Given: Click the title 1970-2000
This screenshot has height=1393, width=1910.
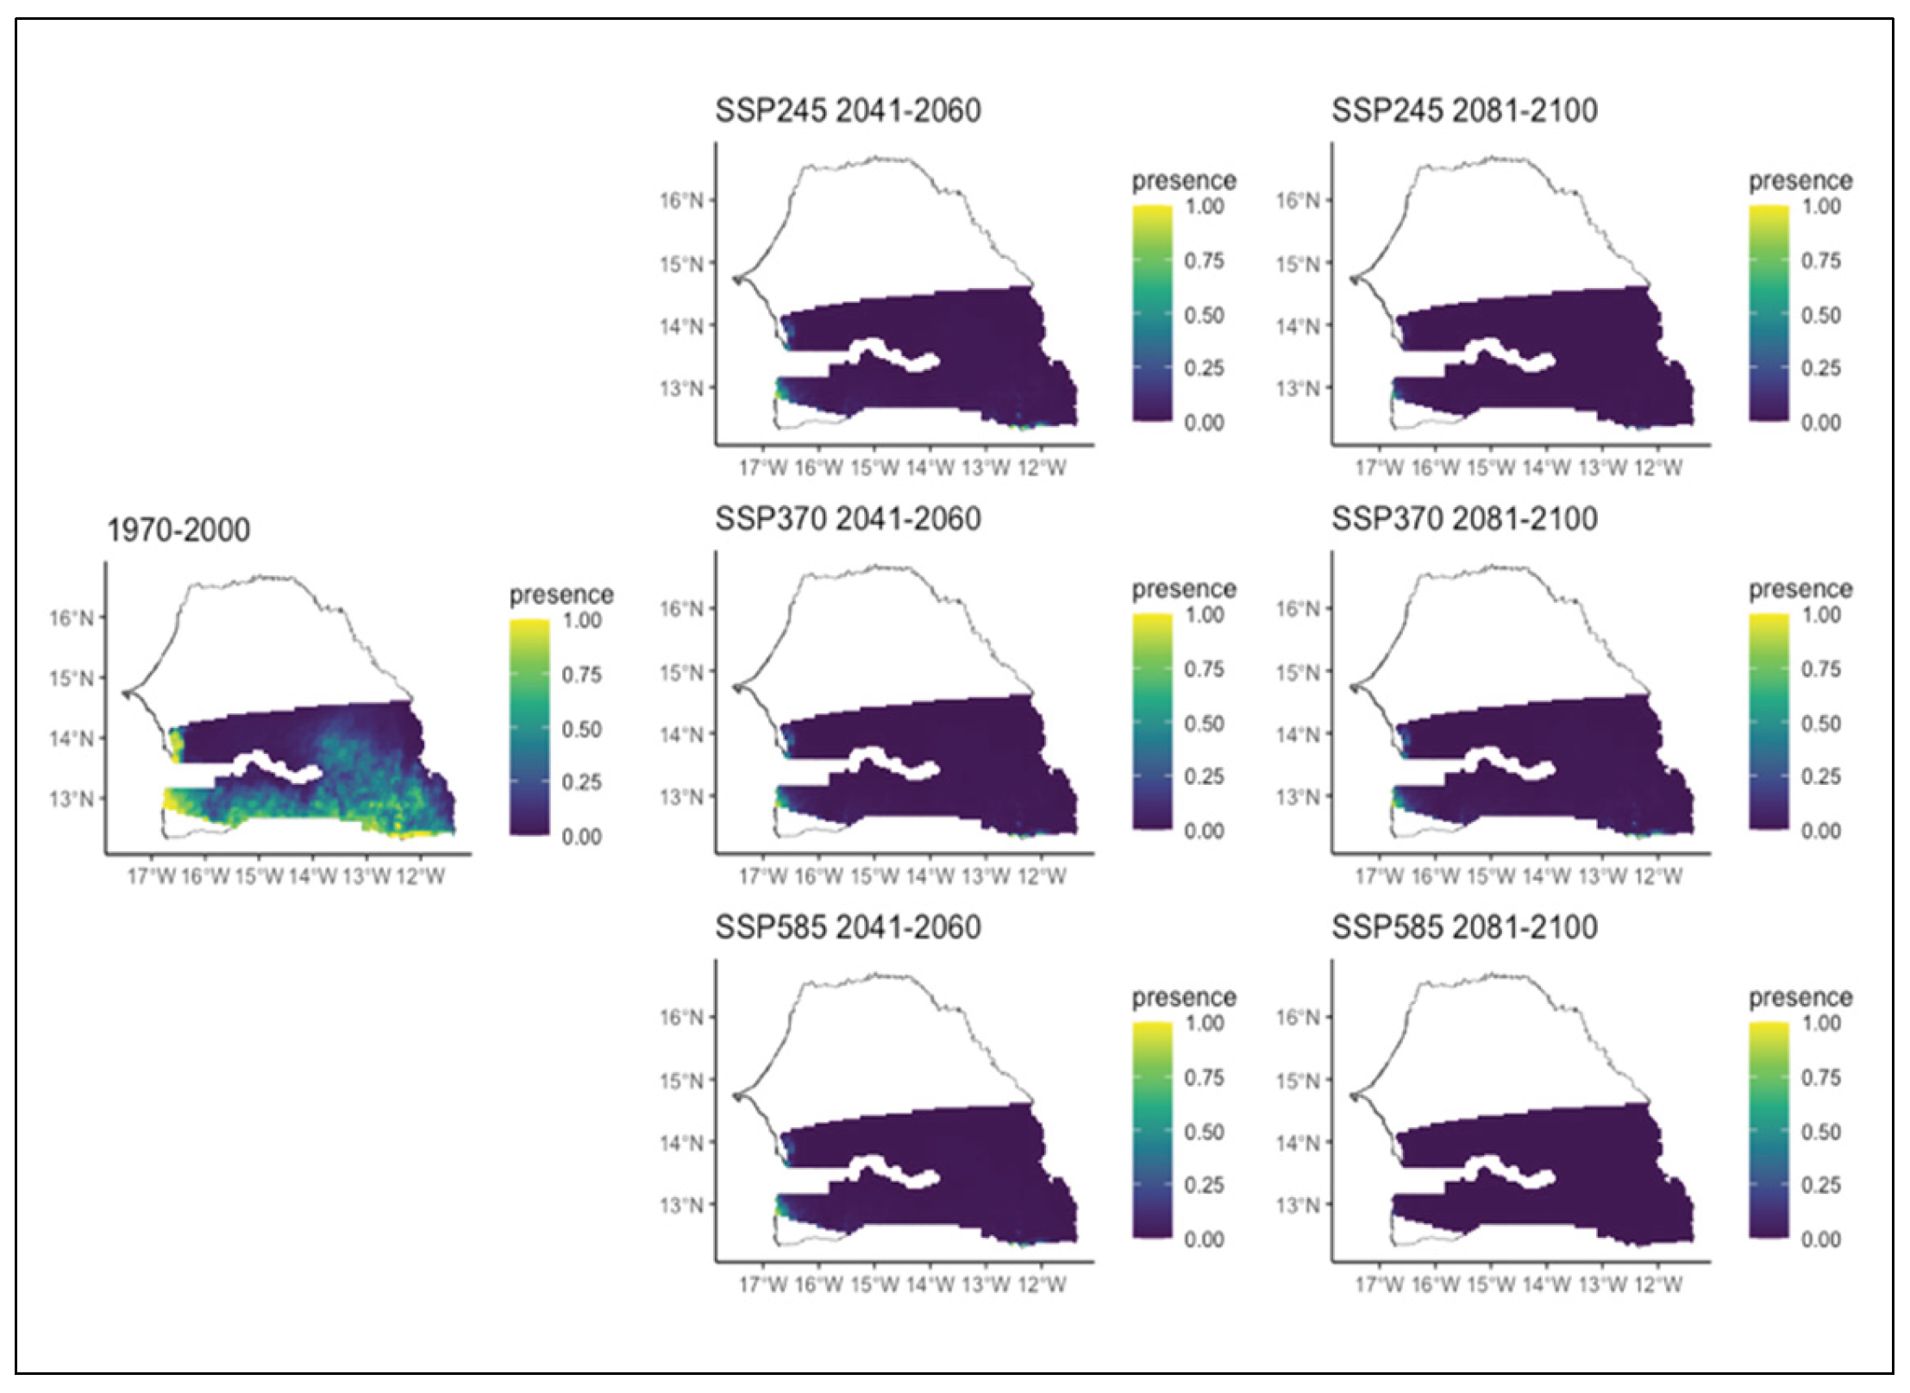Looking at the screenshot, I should coord(178,530).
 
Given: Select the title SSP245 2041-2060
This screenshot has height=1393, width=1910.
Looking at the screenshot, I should coord(848,111).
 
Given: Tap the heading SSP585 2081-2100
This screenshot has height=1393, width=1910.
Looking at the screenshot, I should coord(1464,927).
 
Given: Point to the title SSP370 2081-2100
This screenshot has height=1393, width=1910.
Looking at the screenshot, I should coord(1464,519).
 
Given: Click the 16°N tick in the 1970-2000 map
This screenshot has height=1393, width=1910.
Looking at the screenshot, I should coord(72,618).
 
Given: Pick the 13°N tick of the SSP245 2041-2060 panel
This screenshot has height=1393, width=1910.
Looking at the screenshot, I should coord(681,388).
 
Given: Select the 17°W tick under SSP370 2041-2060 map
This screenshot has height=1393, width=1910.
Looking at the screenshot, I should coord(762,876).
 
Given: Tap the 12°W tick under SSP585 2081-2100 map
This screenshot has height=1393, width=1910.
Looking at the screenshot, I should coord(1657,1284).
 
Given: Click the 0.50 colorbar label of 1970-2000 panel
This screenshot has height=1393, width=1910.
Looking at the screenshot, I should coord(582,729).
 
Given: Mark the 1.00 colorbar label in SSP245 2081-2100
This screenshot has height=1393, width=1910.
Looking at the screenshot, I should coord(1820,206).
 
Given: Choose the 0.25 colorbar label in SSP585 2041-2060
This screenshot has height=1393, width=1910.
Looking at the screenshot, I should coord(1204,1185).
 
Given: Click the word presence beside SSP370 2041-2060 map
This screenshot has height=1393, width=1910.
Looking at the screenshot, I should coord(1183,589).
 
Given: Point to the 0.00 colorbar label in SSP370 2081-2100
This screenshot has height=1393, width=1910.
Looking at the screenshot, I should coord(1820,831).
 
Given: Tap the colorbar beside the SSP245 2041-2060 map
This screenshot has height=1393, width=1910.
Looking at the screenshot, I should coord(1152,313).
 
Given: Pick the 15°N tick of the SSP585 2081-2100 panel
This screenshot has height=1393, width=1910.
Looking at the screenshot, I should coord(1298,1080).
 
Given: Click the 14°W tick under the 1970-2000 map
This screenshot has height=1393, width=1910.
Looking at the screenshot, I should coord(312,877).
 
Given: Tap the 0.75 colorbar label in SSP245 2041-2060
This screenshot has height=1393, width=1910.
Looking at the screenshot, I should coord(1204,260).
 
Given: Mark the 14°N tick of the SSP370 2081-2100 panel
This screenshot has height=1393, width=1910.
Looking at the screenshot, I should coord(1298,735).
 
